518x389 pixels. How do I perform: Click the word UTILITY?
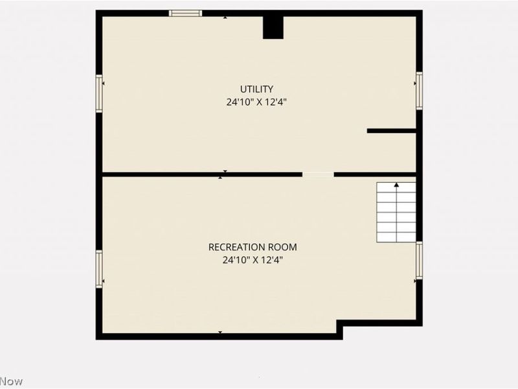(x=256, y=89)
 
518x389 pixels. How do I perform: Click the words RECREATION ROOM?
(x=253, y=247)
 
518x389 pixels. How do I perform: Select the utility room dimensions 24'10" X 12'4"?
(x=256, y=102)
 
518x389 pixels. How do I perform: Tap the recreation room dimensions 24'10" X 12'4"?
(x=253, y=260)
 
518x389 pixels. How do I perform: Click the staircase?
(x=396, y=213)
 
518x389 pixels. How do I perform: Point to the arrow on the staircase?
(x=396, y=186)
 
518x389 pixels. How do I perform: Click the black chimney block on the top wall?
(x=273, y=27)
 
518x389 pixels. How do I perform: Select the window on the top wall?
(x=185, y=13)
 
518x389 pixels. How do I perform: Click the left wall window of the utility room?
(x=100, y=93)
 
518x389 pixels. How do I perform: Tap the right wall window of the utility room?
(x=419, y=91)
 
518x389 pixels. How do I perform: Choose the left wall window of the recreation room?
(x=100, y=268)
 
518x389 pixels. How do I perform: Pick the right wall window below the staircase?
(x=419, y=260)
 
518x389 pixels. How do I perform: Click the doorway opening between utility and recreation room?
(x=318, y=174)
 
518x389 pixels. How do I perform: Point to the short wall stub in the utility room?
(x=391, y=131)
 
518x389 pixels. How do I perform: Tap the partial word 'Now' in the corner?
(x=11, y=381)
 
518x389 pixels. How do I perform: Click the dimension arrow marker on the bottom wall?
(x=220, y=333)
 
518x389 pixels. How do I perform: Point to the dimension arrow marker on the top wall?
(x=225, y=17)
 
